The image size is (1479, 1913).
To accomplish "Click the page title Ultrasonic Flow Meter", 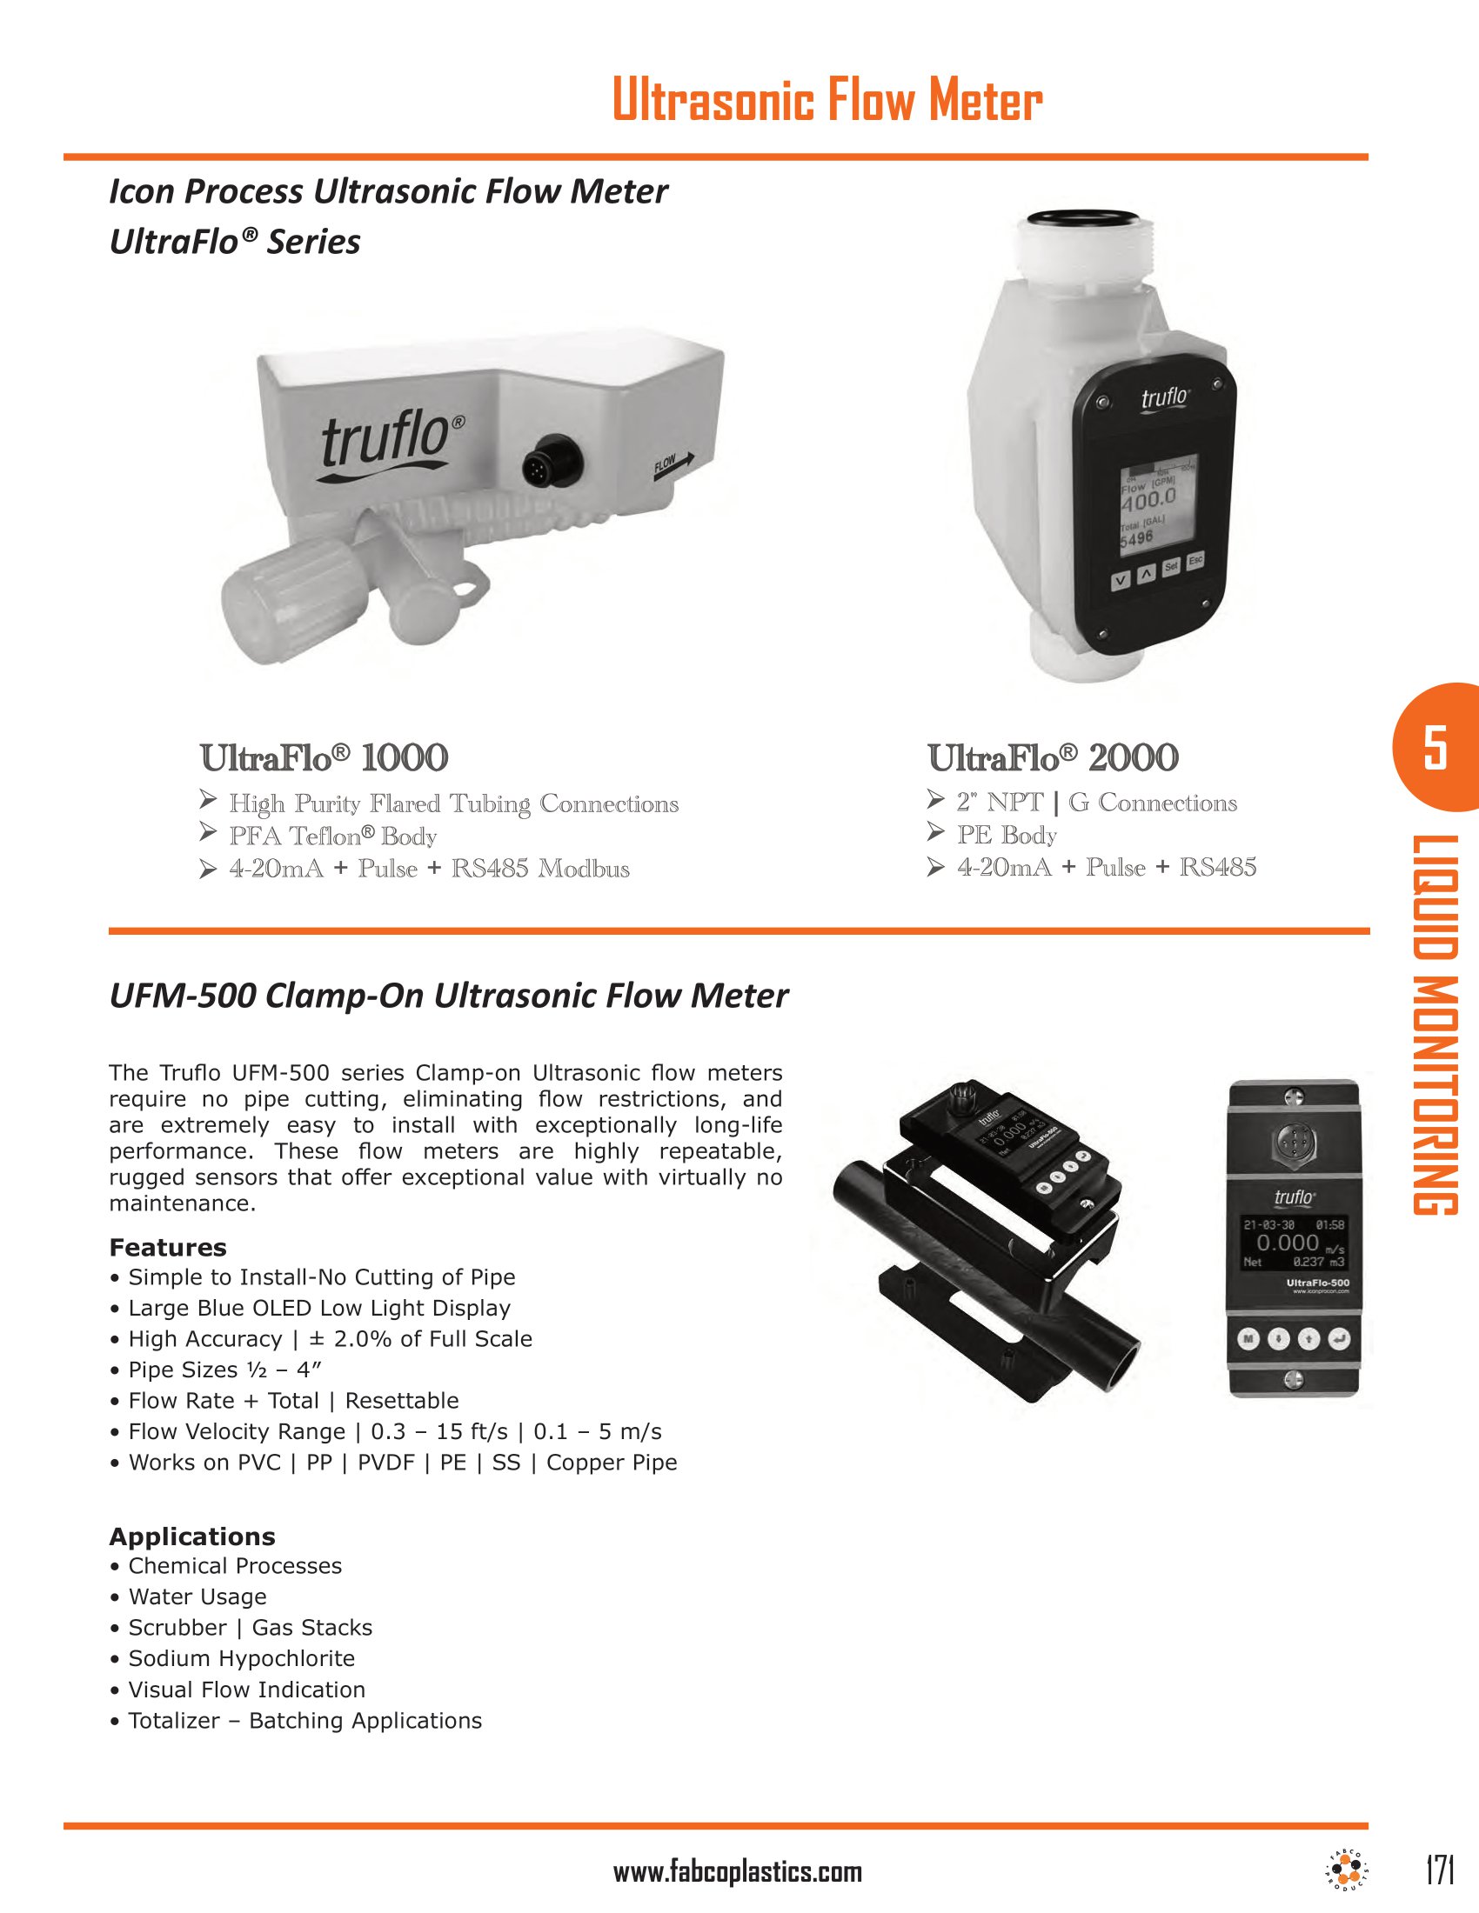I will point(827,100).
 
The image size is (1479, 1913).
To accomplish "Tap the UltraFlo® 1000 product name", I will point(324,757).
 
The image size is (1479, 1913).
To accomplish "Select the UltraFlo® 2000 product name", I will point(1053,757).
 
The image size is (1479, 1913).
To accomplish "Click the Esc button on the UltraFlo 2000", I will point(1195,560).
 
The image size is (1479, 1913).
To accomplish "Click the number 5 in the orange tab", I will point(1435,747).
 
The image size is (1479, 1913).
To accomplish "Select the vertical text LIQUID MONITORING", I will point(1435,1025).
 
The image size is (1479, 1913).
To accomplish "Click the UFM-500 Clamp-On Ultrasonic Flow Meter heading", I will point(448,996).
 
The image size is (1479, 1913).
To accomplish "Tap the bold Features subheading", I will point(167,1247).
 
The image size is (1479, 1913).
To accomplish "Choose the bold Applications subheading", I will point(192,1536).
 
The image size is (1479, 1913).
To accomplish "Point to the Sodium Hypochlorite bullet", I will point(241,1658).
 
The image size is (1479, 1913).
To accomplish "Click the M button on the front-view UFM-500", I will point(1248,1338).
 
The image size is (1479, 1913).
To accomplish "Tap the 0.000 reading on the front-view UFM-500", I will point(1287,1243).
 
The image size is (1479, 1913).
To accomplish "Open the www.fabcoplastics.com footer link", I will point(737,1873).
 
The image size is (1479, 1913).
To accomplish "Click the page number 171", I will point(1440,1870).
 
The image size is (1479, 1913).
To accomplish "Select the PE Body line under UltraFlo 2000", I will point(1006,835).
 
